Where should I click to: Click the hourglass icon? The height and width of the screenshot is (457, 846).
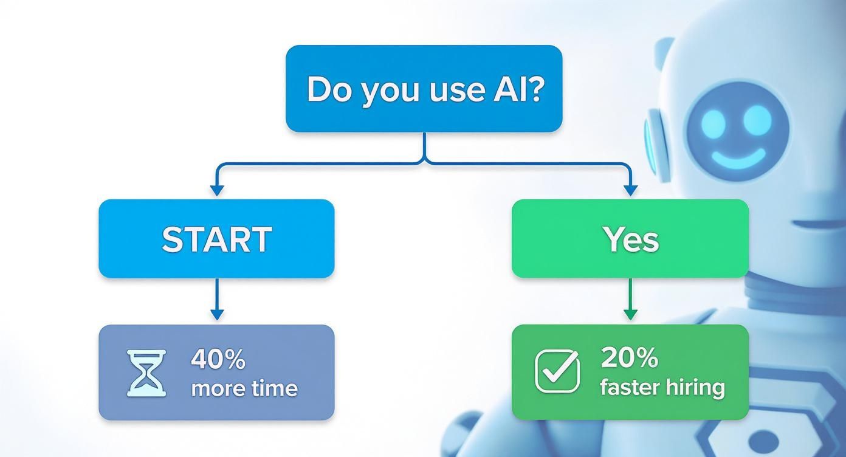(x=146, y=373)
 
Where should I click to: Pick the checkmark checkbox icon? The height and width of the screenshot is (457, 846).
(x=557, y=371)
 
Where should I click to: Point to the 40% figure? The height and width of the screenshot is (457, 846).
(x=218, y=360)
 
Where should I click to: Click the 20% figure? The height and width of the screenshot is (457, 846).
(x=629, y=359)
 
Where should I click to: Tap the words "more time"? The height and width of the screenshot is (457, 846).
(x=244, y=388)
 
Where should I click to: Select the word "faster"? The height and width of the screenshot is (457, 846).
(x=628, y=387)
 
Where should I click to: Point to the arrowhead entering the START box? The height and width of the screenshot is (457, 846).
(x=216, y=191)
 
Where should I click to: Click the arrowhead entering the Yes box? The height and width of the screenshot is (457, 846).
(x=630, y=191)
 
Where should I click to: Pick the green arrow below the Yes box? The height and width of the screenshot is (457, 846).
(x=630, y=299)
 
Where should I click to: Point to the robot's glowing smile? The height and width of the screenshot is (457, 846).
(x=737, y=159)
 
